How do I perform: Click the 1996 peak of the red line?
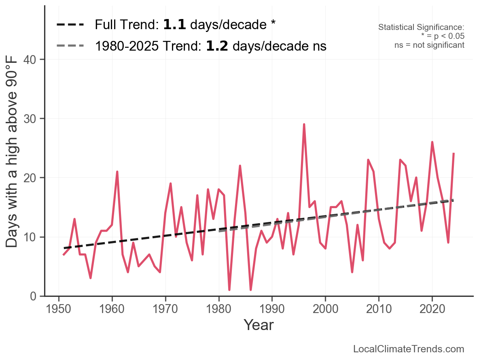pyautogui.click(x=304, y=124)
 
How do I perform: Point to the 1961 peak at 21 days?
pyautogui.click(x=117, y=172)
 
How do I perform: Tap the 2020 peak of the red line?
pyautogui.click(x=432, y=142)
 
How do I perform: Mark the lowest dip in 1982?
pyautogui.click(x=229, y=290)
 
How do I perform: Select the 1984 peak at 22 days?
pyautogui.click(x=240, y=166)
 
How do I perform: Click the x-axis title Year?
pyautogui.click(x=259, y=325)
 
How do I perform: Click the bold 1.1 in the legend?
pyautogui.click(x=174, y=25)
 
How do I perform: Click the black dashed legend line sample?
pyautogui.click(x=70, y=25)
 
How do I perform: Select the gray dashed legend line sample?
pyautogui.click(x=70, y=46)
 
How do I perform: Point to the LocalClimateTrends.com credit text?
pyautogui.click(x=409, y=349)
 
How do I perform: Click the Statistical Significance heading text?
pyautogui.click(x=421, y=28)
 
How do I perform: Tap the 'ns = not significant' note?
pyautogui.click(x=429, y=45)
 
